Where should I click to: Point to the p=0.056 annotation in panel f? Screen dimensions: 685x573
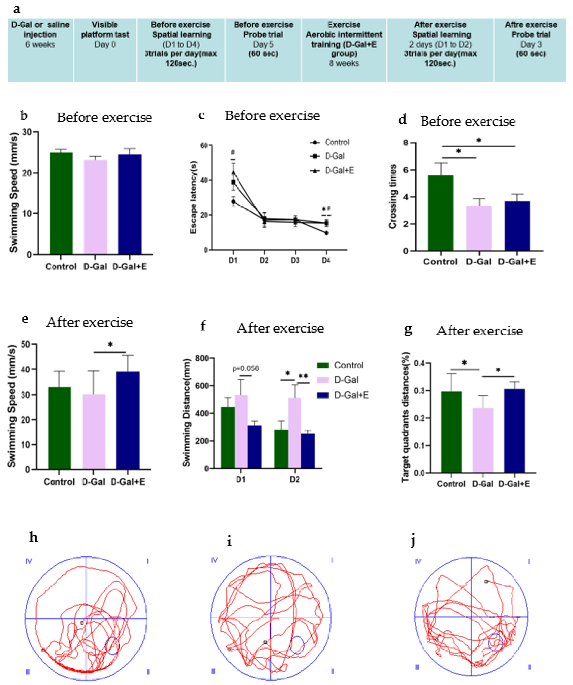coord(245,369)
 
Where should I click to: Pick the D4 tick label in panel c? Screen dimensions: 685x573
coord(326,260)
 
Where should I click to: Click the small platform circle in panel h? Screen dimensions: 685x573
coord(112,645)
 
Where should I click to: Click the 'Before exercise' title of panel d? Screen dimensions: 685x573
coord(467,122)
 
